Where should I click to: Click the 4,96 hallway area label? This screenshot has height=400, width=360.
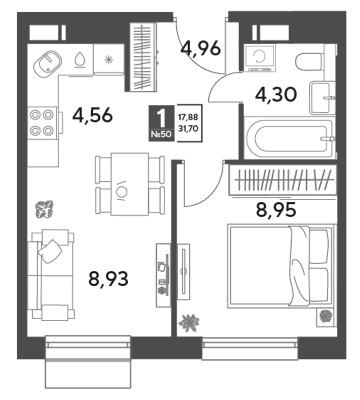coord(200,48)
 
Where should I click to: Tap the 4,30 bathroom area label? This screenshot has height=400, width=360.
coord(276,94)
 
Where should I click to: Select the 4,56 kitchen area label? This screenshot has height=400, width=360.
coord(92,115)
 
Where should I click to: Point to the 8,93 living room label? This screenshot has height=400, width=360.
coord(108,278)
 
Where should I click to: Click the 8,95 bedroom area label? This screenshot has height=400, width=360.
coord(276,209)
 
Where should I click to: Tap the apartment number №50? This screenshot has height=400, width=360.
coord(161,134)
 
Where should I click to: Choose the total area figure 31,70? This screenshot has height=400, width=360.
coord(188,128)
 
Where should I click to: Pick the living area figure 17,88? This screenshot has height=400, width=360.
coord(188,117)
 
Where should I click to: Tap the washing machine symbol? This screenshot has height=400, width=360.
coord(259,57)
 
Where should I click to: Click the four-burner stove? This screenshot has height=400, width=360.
coord(42,123)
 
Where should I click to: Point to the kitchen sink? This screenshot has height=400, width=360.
coord(47,64)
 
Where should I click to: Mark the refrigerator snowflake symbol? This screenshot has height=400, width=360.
coord(108,59)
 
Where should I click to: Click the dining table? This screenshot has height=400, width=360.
coord(129,184)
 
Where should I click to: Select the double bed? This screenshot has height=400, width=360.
coord(280,266)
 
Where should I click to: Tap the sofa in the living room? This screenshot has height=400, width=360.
coord(51,274)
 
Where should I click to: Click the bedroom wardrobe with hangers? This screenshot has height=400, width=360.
coord(282,180)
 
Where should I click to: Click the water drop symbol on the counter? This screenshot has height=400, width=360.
coord(80,59)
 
